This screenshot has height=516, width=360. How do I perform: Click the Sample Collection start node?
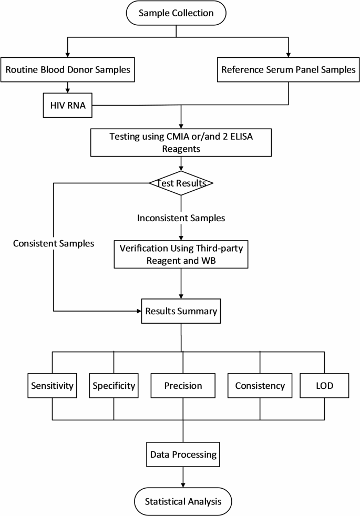(x=175, y=13)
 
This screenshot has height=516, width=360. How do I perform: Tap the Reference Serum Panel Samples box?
(x=288, y=69)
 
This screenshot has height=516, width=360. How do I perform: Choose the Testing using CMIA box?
(x=181, y=142)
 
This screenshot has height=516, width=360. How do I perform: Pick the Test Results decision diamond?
(x=181, y=183)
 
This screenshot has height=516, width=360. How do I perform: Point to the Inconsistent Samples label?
(x=181, y=216)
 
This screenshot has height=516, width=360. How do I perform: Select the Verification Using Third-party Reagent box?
(x=181, y=255)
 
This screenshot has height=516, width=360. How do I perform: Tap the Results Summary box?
(x=181, y=311)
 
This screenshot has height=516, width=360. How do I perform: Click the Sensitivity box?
(x=52, y=386)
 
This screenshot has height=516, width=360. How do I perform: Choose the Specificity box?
(x=114, y=386)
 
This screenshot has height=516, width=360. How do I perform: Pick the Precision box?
(x=183, y=386)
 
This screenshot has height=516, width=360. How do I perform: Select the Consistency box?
(x=260, y=386)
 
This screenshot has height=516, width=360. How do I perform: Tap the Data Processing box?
(x=182, y=453)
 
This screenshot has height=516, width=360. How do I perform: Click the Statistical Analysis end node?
(x=182, y=501)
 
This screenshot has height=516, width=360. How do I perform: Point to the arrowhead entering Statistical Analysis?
(x=182, y=484)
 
